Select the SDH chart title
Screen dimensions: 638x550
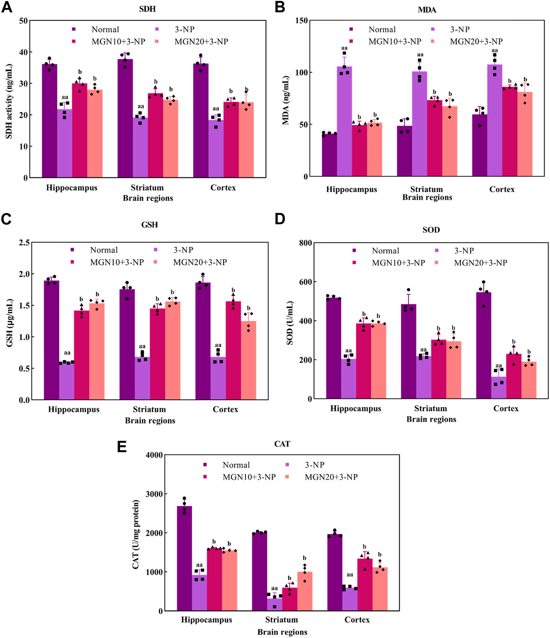coord(147,9)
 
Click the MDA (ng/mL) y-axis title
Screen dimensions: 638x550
coord(286,100)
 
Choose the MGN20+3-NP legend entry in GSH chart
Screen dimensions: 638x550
coord(200,262)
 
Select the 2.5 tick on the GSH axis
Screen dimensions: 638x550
coord(24,243)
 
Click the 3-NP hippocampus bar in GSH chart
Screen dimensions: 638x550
coord(66,381)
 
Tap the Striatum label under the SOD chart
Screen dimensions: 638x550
coord(431,409)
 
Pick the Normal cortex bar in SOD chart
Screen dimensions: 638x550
coord(483,345)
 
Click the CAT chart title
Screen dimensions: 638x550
coord(282,444)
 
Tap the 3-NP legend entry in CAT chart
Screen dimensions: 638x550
coord(314,465)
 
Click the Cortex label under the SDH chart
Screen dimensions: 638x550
coord(223,188)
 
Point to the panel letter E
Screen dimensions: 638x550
coord(122,447)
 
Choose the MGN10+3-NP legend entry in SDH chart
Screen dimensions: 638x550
coord(118,42)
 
